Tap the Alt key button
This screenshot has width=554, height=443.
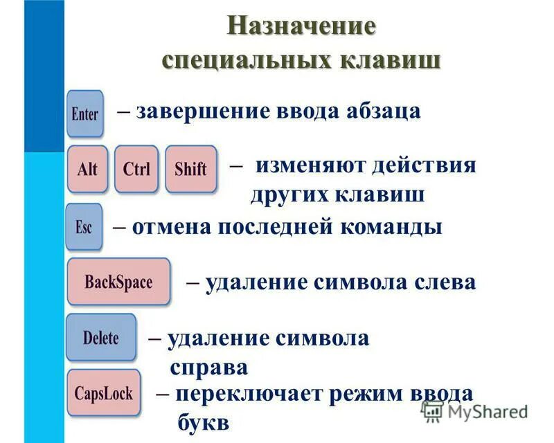(x=87, y=169)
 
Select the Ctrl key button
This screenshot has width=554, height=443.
(x=136, y=169)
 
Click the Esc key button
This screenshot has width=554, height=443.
(x=83, y=227)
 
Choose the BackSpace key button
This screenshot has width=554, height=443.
(x=118, y=282)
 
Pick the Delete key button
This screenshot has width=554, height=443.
(x=100, y=338)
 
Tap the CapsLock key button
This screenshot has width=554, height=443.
(x=104, y=392)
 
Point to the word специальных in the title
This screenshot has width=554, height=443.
(x=246, y=59)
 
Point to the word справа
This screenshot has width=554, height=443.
(x=208, y=366)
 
